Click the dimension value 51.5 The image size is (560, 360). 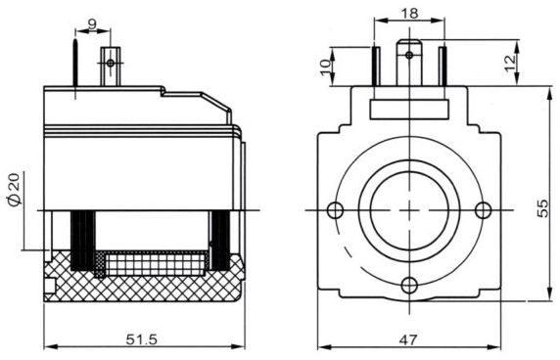pos(144,338)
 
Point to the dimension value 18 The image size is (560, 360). pos(409,13)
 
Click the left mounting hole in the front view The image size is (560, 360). pos(336,210)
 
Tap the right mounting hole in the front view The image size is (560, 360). pos(483,210)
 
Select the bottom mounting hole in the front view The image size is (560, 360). pos(409,285)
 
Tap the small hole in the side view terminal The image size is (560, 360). pos(110,63)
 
